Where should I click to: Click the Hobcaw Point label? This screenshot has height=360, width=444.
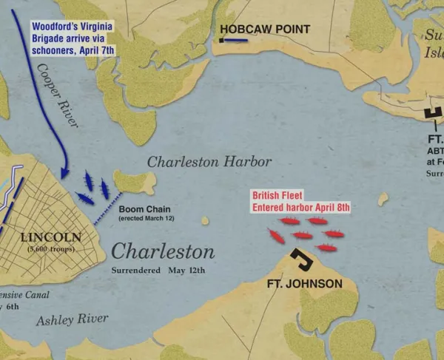click(263, 30)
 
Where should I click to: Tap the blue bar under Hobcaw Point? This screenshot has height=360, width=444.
click(235, 41)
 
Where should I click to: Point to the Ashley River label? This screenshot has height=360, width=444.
click(72, 319)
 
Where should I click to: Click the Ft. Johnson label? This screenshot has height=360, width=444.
click(305, 284)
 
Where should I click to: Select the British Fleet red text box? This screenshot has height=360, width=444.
click(300, 202)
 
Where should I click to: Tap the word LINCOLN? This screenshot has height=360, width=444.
click(48, 237)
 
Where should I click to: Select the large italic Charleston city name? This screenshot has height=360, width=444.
click(163, 251)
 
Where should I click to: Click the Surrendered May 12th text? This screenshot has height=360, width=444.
click(158, 271)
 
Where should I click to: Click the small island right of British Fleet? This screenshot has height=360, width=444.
click(383, 199)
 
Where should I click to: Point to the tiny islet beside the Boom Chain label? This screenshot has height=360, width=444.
click(205, 220)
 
